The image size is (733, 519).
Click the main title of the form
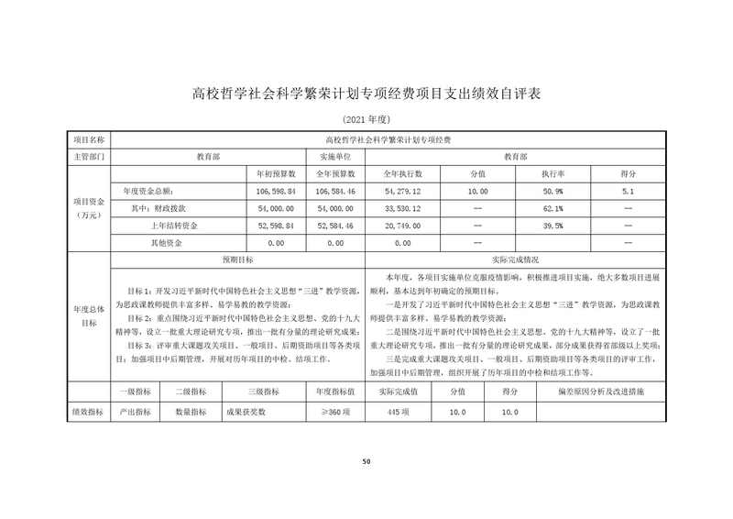pyautogui.click(x=366, y=93)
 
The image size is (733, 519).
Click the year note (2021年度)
pyautogui.click(x=366, y=120)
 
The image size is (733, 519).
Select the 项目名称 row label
pyautogui.click(x=89, y=140)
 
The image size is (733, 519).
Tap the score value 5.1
pyautogui.click(x=628, y=191)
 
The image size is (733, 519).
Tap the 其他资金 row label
pyautogui.click(x=166, y=242)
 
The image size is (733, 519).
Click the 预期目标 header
pyautogui.click(x=238, y=259)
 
